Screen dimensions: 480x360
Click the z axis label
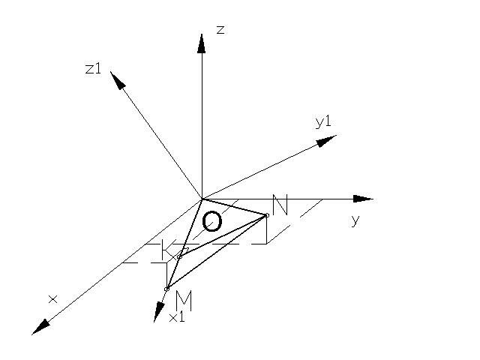click(x=220, y=30)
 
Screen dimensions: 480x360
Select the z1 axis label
click(x=93, y=68)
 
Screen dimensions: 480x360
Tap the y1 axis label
click(x=323, y=121)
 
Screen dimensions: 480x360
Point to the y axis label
click(x=355, y=220)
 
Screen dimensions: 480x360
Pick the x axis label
click(x=52, y=299)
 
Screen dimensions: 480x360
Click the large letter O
click(x=212, y=221)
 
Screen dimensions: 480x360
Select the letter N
click(x=280, y=205)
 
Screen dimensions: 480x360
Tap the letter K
click(x=169, y=251)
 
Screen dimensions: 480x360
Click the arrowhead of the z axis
click(x=202, y=43)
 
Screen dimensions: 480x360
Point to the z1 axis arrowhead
click(x=116, y=79)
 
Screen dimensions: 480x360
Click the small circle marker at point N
click(x=266, y=215)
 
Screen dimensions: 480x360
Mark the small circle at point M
click(x=166, y=289)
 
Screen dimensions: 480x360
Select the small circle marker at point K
click(x=179, y=256)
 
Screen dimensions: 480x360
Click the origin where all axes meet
click(x=202, y=199)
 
